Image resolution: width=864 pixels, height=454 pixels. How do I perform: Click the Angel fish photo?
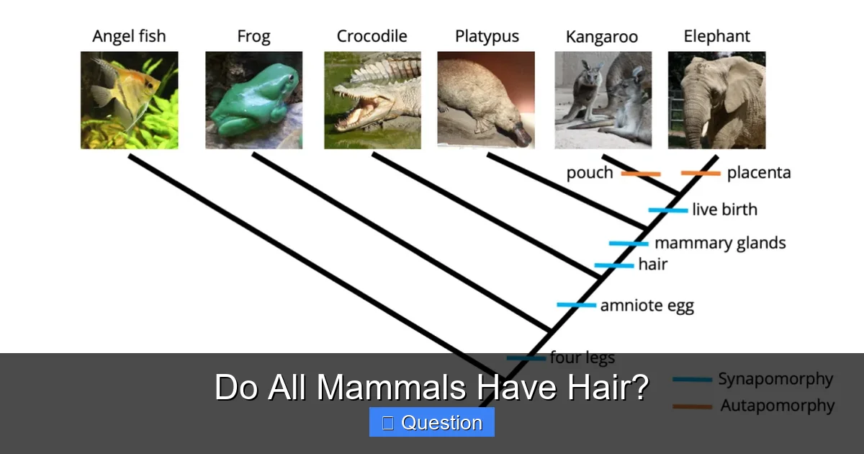(x=129, y=100)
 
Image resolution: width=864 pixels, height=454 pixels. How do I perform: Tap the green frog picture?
(x=253, y=100)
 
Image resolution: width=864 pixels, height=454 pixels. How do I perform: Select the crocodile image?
(x=372, y=100)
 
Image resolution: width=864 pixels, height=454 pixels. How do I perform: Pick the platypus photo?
(x=486, y=100)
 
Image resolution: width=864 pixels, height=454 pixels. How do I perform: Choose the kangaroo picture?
(x=603, y=100)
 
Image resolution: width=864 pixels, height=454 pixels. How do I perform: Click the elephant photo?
(x=716, y=100)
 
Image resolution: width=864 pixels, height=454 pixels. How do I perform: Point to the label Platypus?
(x=487, y=36)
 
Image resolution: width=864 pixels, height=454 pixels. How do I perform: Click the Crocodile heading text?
(x=372, y=36)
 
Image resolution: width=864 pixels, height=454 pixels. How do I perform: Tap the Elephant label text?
(x=716, y=36)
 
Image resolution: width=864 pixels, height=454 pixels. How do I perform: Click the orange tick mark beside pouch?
(x=640, y=174)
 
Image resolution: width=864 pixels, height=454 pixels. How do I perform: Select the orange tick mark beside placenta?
(x=701, y=173)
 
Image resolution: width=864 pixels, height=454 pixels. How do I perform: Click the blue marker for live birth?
(x=667, y=210)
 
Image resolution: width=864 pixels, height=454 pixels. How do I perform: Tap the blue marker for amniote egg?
(x=576, y=305)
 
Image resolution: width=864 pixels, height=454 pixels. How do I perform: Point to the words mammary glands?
(x=720, y=243)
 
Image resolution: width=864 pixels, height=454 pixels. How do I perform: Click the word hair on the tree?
(x=652, y=264)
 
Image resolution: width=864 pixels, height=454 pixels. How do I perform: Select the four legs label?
(x=582, y=357)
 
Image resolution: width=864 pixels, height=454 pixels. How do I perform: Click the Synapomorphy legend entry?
(x=775, y=379)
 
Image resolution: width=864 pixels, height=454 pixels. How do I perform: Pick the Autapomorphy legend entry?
(x=778, y=406)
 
